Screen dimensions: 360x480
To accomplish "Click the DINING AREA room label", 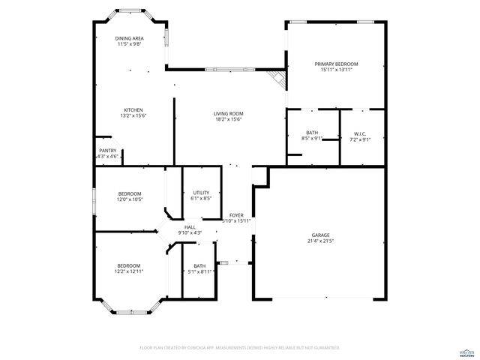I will (129, 38).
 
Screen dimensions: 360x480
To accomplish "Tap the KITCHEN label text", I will (133, 109).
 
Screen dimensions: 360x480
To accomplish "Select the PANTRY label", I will (108, 150).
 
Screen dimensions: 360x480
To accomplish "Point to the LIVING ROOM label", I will (229, 113).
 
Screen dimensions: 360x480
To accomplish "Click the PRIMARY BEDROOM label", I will (335, 64).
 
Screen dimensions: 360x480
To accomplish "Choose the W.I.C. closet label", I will (360, 133).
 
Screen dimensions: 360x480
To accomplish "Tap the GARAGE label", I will (320, 235).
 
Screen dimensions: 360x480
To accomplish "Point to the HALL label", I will (190, 226).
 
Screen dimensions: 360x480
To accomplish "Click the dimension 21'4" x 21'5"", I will (320, 241).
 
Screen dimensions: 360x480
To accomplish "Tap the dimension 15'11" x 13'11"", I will (335, 70).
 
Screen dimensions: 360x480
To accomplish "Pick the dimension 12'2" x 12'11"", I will (129, 271).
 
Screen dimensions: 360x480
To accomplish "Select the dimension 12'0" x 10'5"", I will (129, 199).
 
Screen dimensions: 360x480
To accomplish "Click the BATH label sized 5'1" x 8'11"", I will (199, 265).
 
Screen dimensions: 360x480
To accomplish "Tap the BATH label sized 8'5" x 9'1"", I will (312, 133).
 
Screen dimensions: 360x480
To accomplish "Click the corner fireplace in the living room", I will (278, 77).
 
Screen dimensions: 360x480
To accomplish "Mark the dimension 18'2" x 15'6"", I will (229, 119).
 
